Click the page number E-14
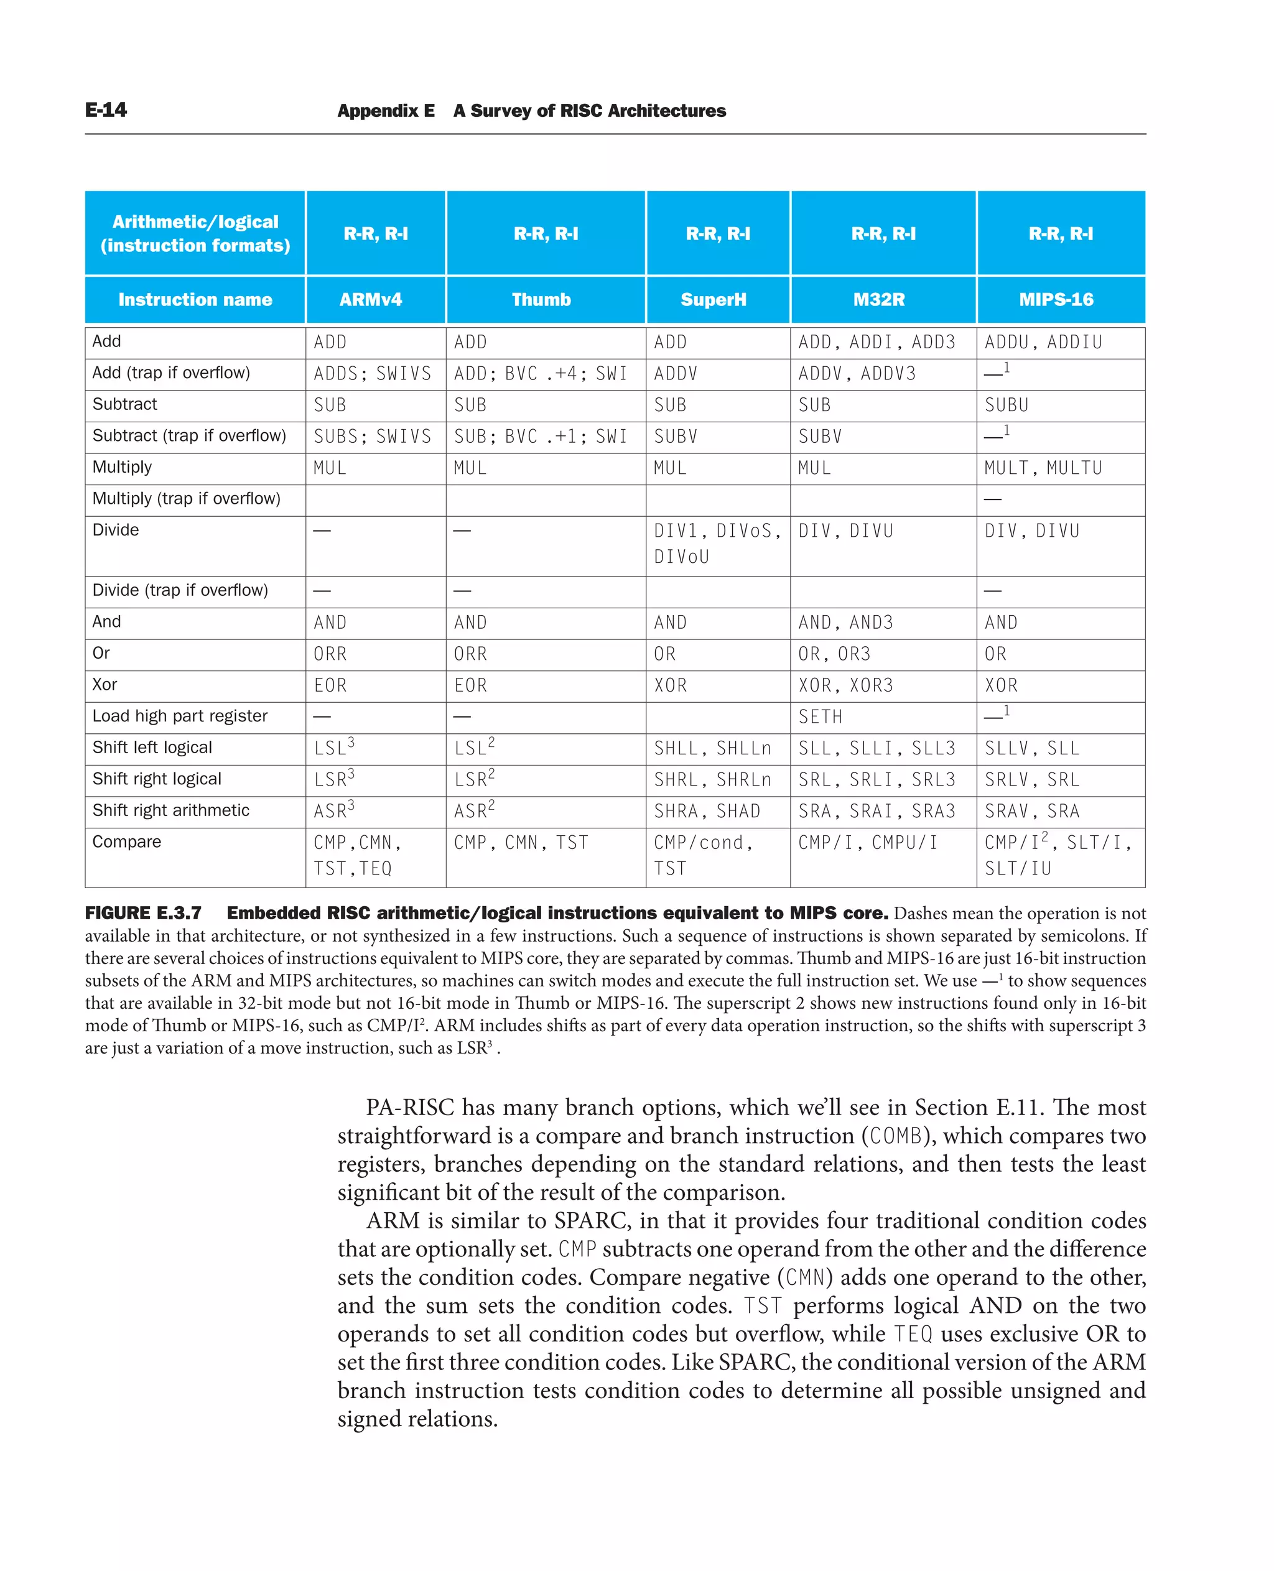click(106, 110)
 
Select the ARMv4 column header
click(370, 299)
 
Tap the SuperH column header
click(713, 299)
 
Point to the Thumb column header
click(541, 299)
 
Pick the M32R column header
click(878, 299)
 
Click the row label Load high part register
click(180, 716)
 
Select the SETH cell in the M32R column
click(820, 717)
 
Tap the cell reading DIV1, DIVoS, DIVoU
click(717, 544)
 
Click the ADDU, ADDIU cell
click(1043, 343)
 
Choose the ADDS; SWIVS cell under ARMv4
click(372, 374)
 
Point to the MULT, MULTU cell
click(1043, 468)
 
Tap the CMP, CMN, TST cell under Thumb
click(521, 842)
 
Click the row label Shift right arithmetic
click(170, 810)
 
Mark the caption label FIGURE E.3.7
click(143, 914)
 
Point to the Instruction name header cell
click(195, 299)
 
